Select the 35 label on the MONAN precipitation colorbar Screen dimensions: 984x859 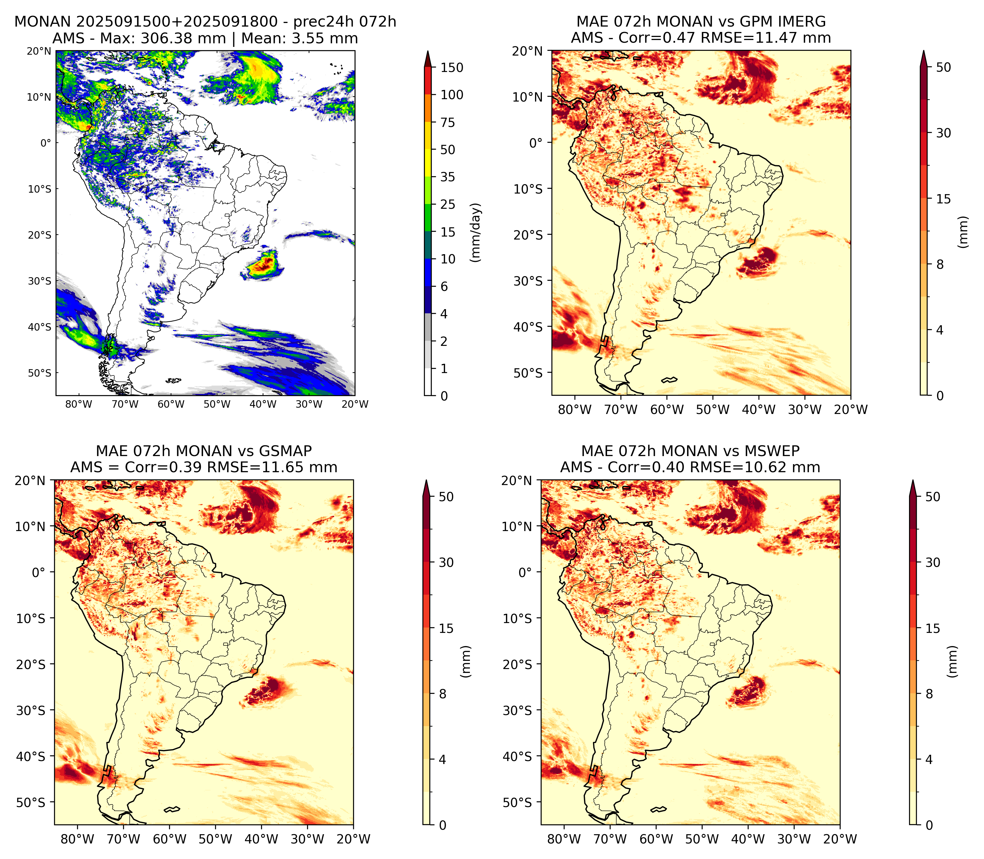[x=448, y=177]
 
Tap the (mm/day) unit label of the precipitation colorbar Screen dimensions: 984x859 [x=476, y=232]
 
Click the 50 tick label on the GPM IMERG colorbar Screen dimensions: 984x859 [x=943, y=68]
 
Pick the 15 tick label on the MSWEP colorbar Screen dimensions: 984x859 [x=933, y=628]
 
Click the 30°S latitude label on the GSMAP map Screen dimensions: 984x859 [x=31, y=710]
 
